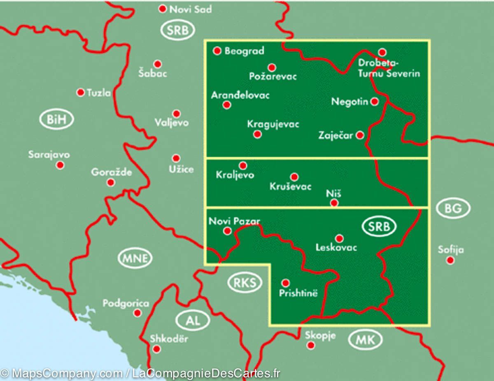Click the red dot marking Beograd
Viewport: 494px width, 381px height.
(217, 51)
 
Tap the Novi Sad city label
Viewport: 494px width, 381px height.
(190, 9)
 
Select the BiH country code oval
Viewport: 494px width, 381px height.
(56, 120)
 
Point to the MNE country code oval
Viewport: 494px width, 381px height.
(135, 258)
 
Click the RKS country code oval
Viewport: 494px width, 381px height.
(245, 283)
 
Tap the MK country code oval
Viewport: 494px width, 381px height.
(365, 340)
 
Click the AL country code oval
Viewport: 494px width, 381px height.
(193, 321)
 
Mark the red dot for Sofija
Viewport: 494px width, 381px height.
(450, 260)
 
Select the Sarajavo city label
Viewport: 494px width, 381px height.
(49, 155)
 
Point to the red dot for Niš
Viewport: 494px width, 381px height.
(334, 203)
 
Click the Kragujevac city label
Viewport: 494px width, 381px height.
(273, 124)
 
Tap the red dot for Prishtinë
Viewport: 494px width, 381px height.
(285, 283)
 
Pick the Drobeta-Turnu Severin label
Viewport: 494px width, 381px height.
(389, 68)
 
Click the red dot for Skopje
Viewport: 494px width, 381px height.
(311, 345)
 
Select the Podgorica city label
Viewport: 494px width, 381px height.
(126, 304)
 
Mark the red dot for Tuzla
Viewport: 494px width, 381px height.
(81, 93)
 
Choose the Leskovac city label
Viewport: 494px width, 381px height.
(336, 247)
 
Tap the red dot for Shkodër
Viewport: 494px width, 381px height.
(156, 349)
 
